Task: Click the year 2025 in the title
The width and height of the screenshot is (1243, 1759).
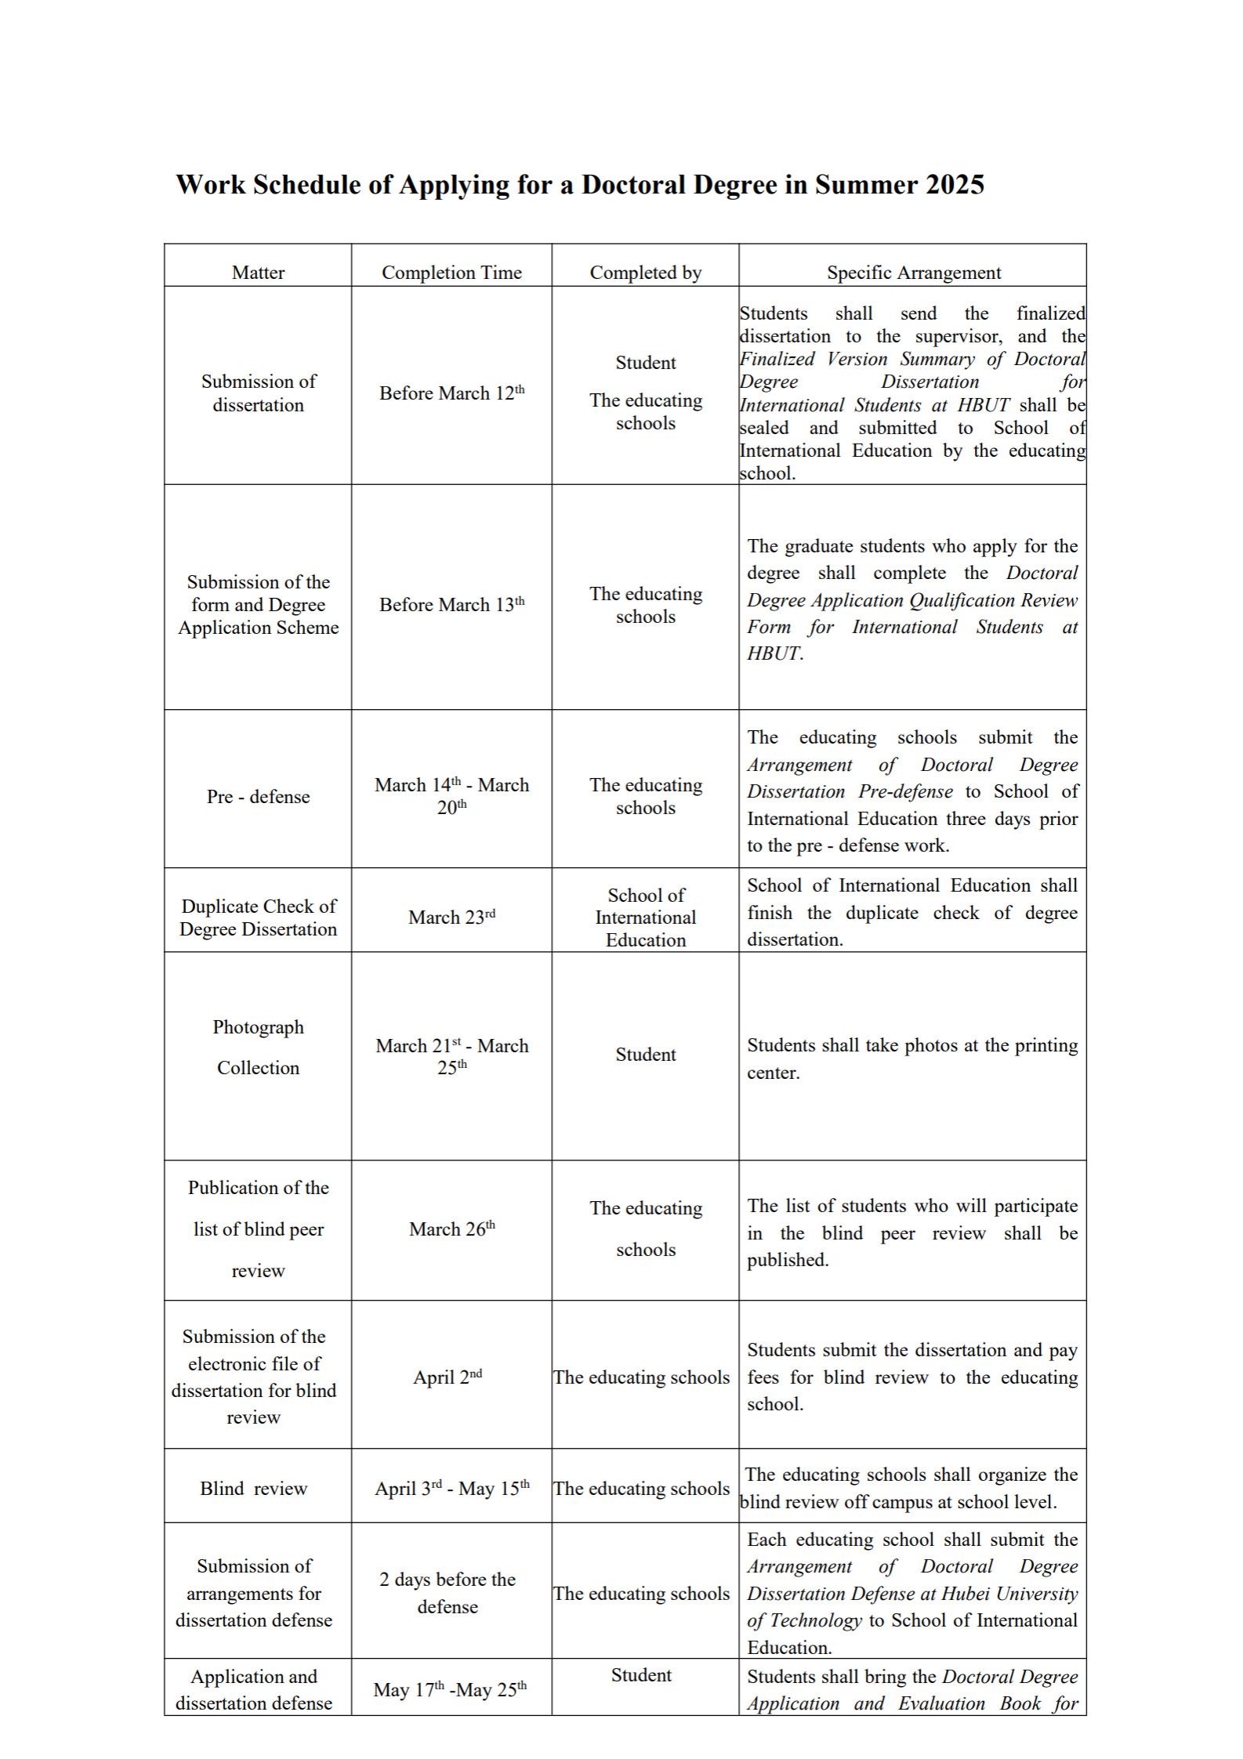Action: pyautogui.click(x=954, y=185)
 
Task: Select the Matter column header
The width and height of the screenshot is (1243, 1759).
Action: pyautogui.click(x=258, y=273)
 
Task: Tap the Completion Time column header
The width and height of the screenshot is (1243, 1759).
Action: pyautogui.click(x=451, y=273)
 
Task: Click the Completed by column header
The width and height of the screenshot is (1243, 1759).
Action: pyautogui.click(x=645, y=273)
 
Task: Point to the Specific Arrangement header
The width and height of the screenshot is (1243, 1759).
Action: pyautogui.click(x=913, y=273)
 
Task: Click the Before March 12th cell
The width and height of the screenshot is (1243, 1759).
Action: pyautogui.click(x=451, y=393)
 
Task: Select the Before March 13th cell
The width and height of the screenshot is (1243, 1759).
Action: pyautogui.click(x=451, y=604)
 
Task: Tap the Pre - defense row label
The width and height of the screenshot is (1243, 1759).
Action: pyautogui.click(x=258, y=796)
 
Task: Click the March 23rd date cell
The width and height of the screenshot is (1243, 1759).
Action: pyautogui.click(x=451, y=917)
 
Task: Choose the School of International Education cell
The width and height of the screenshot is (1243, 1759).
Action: pyautogui.click(x=645, y=917)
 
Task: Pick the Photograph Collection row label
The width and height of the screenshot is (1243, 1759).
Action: pyautogui.click(x=258, y=1047)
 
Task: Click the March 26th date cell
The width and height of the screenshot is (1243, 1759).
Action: pyautogui.click(x=451, y=1229)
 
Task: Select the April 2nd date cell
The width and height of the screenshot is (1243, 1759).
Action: pyautogui.click(x=448, y=1377)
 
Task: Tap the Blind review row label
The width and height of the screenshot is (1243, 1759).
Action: pyautogui.click(x=253, y=1488)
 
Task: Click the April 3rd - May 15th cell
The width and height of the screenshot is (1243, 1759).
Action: pyautogui.click(x=451, y=1488)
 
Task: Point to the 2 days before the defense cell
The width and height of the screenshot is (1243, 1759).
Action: pyautogui.click(x=448, y=1593)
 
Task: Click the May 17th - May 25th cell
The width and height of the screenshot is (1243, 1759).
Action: pyautogui.click(x=450, y=1689)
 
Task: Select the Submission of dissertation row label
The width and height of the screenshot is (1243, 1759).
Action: pyautogui.click(x=258, y=393)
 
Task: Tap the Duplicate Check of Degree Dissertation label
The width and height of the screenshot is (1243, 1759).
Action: pyautogui.click(x=258, y=917)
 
